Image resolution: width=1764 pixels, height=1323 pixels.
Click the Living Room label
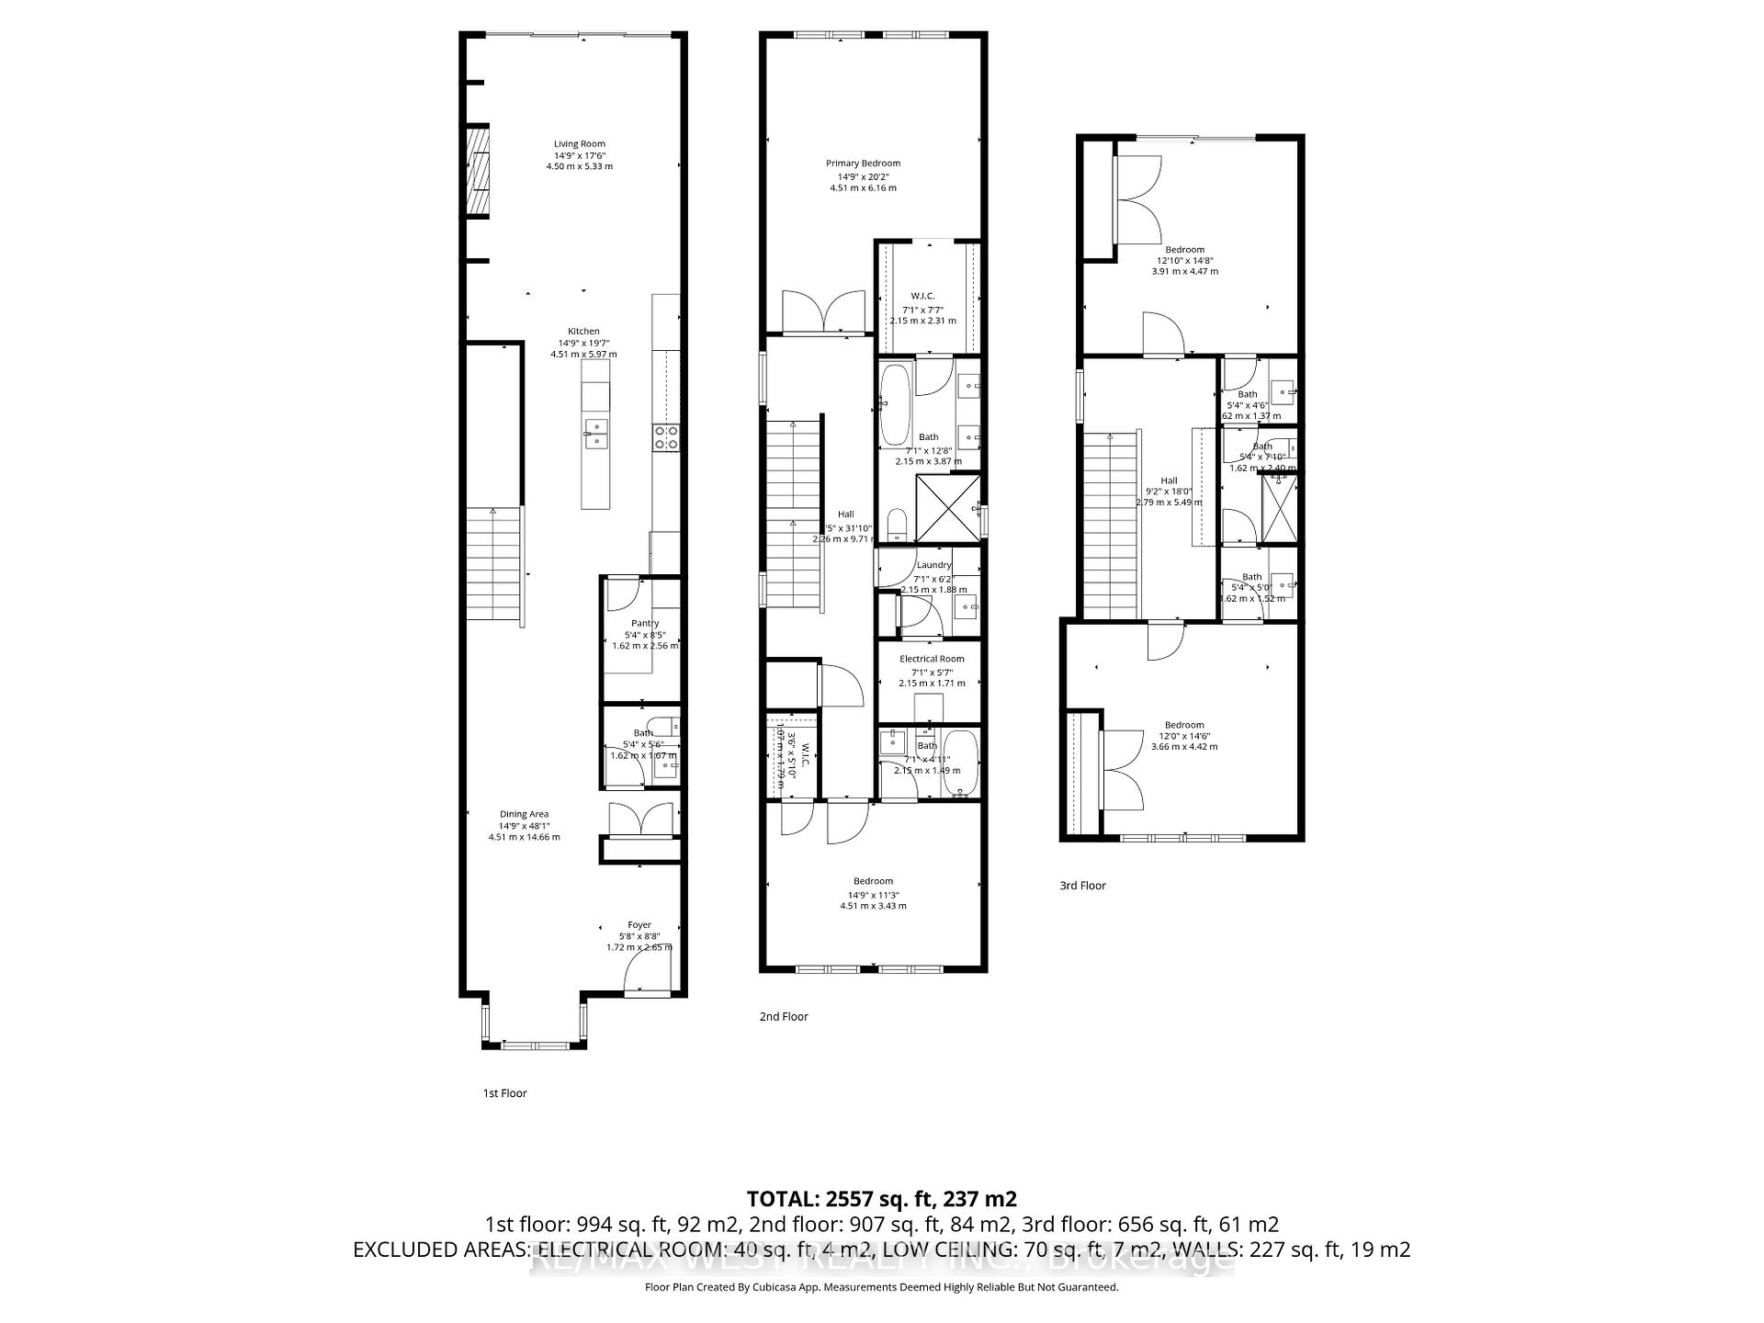coord(579,143)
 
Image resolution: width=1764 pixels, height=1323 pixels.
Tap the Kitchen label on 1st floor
coord(583,332)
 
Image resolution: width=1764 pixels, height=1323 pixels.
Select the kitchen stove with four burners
coord(666,437)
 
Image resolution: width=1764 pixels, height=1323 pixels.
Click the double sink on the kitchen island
coord(595,433)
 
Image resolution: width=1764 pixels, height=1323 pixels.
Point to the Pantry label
coord(645,623)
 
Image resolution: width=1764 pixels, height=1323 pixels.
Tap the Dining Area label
coord(524,814)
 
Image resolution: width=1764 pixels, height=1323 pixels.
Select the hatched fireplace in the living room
coord(477,171)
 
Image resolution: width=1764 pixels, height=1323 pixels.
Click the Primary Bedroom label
coord(863,164)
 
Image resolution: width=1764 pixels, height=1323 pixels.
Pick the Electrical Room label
coord(932,659)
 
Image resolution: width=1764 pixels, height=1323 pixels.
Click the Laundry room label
coord(933,564)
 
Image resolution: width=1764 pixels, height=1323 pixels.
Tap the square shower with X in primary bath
coord(948,507)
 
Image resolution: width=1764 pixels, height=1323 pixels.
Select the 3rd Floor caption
coord(1082,886)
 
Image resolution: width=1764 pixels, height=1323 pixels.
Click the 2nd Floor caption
coord(784,1016)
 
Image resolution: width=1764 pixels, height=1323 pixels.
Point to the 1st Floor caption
coord(504,1093)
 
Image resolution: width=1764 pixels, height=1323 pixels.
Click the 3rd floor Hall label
coord(1169,481)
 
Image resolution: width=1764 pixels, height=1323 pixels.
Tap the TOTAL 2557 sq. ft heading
coord(881,1198)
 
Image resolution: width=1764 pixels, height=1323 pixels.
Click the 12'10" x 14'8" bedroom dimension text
coord(1184,260)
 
